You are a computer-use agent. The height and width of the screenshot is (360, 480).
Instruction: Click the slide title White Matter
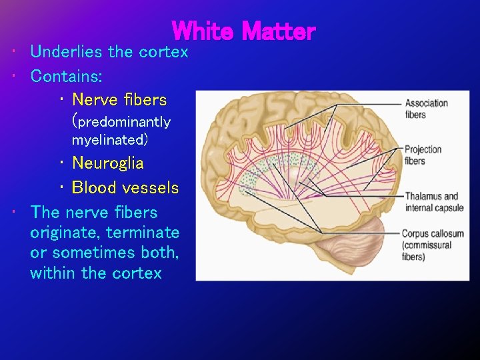[x=243, y=31]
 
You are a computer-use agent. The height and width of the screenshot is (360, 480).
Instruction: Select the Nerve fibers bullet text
[x=119, y=100]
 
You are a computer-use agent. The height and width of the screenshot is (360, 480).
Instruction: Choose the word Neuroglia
[x=107, y=163]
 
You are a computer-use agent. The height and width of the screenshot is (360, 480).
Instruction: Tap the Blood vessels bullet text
[x=125, y=188]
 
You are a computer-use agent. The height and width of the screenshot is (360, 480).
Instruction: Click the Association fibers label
[x=426, y=109]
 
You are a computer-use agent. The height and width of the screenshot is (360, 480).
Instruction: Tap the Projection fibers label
[x=423, y=155]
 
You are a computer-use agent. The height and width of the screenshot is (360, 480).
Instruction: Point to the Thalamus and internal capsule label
[x=431, y=201]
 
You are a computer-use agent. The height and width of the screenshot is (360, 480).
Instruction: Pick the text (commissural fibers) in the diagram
[x=427, y=251]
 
